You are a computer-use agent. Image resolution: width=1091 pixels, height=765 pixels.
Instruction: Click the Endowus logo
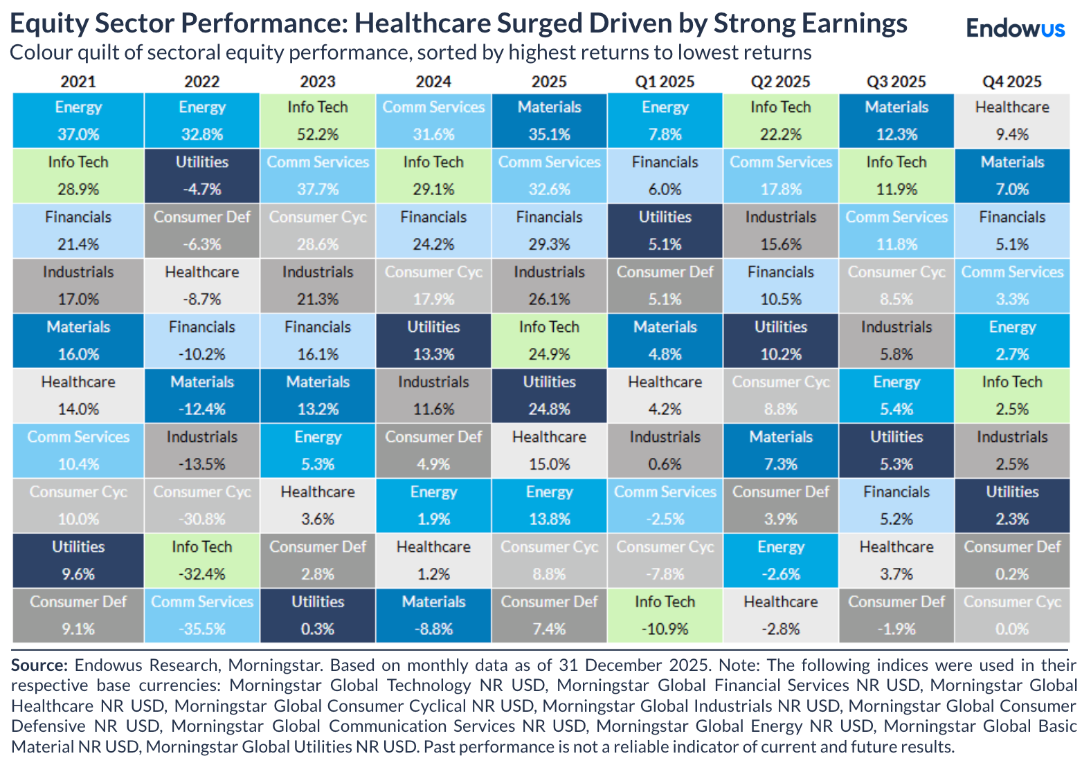click(1015, 28)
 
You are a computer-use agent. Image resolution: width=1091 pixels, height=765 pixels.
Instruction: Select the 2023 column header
click(318, 82)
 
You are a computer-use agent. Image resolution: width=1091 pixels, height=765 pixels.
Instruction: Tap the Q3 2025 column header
click(896, 82)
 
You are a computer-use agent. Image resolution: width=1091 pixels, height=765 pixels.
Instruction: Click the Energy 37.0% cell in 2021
click(78, 120)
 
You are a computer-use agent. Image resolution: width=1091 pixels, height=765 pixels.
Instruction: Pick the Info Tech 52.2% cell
click(318, 120)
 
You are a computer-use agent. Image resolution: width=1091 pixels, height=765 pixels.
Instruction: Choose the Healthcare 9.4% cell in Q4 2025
click(1011, 120)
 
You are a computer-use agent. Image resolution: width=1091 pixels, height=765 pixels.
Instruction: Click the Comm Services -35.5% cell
click(202, 615)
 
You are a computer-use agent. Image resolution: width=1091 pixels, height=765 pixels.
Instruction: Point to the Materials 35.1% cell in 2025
click(549, 120)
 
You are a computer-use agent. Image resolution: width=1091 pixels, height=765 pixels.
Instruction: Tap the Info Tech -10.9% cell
click(665, 615)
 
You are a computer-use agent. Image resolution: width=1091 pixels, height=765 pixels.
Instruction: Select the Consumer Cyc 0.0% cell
click(1011, 615)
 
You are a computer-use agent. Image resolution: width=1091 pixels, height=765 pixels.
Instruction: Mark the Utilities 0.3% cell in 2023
click(318, 615)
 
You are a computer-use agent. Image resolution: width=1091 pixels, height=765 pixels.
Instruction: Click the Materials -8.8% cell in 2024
click(433, 615)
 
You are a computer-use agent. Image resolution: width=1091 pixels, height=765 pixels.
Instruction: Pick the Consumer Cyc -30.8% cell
click(202, 505)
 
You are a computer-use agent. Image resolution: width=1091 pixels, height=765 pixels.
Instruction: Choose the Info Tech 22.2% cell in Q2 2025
click(780, 120)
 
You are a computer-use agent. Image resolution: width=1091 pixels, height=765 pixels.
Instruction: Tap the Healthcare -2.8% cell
click(780, 615)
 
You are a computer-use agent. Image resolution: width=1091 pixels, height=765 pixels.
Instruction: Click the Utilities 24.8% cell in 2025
click(549, 395)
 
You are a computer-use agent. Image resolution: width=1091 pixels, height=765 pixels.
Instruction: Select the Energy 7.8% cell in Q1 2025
click(665, 120)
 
